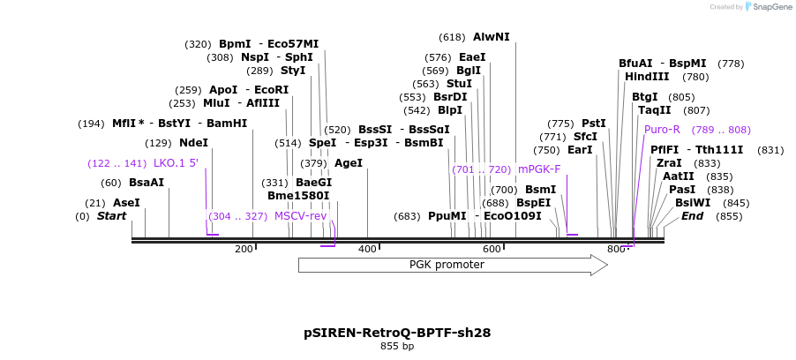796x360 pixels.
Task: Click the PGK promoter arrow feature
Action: coord(447,265)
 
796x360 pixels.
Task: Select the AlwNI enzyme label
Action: coord(491,37)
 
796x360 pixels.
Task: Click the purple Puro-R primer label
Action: coord(662,130)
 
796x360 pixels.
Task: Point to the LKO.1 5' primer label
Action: coord(176,163)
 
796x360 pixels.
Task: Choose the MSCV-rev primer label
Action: coord(300,216)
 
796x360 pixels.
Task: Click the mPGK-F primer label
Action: coord(539,169)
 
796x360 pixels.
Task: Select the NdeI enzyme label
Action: coord(193,143)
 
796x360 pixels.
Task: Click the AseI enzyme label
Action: coord(126,203)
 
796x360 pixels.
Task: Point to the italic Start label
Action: coord(111,216)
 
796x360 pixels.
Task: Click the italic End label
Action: coord(692,216)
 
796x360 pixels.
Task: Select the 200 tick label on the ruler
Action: coord(244,250)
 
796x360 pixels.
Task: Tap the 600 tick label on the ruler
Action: coord(492,250)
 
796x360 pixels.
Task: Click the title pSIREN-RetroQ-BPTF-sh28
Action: coord(397,333)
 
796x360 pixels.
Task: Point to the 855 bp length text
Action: coord(397,347)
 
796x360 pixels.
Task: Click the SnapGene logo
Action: coord(767,7)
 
